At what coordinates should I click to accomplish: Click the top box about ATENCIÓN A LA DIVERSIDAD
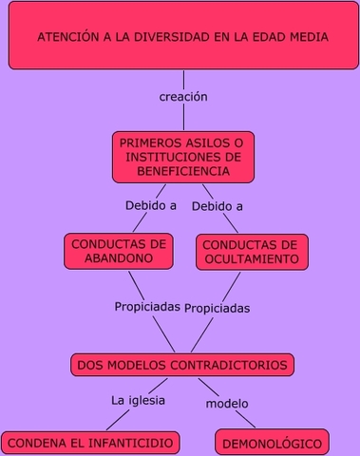coord(182,37)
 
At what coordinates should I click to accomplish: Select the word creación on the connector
coord(183,96)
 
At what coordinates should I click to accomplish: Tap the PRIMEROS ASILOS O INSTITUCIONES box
coord(182,157)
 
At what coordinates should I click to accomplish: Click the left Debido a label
coord(151,204)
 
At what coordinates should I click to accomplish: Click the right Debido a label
coord(217,205)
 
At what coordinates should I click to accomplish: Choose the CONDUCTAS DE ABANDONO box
coord(119,251)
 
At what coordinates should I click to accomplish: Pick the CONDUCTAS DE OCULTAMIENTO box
coord(253,251)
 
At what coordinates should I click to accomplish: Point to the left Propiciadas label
coord(147,307)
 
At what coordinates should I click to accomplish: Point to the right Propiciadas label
coord(217,308)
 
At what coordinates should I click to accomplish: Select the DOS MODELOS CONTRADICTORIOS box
coord(182,365)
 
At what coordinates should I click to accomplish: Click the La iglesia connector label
coord(138,400)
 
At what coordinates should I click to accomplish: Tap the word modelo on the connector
coord(227,403)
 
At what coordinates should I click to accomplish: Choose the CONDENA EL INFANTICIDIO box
coord(90,443)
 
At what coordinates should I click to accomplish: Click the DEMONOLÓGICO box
coord(273,443)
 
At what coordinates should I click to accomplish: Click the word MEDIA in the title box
coord(309,37)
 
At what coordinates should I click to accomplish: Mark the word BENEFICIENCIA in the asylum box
coord(183,171)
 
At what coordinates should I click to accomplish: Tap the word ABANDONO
coord(119,258)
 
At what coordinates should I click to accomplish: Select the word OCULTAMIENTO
coord(253,258)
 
